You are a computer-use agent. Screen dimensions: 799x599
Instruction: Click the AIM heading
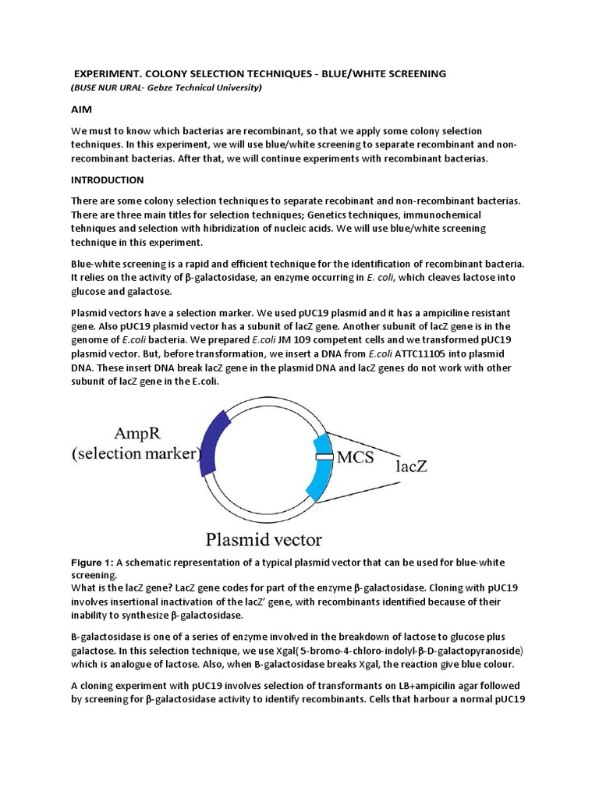click(x=82, y=111)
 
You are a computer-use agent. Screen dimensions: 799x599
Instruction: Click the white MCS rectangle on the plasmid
click(x=324, y=456)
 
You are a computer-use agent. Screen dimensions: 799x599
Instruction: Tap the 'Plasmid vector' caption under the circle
click(x=264, y=538)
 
